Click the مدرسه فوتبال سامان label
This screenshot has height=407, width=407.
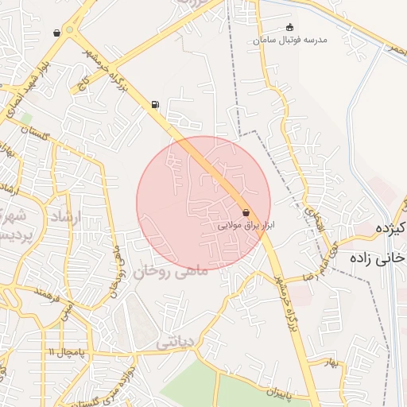(289, 41)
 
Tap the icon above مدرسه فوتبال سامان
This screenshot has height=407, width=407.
(289, 28)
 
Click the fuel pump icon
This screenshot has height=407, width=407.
(154, 104)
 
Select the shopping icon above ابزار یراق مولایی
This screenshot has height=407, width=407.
(246, 212)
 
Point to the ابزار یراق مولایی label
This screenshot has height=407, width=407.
(246, 226)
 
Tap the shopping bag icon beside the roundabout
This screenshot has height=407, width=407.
(56, 33)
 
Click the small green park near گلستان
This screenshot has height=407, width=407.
(26, 118)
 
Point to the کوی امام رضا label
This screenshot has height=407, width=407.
(316, 262)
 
